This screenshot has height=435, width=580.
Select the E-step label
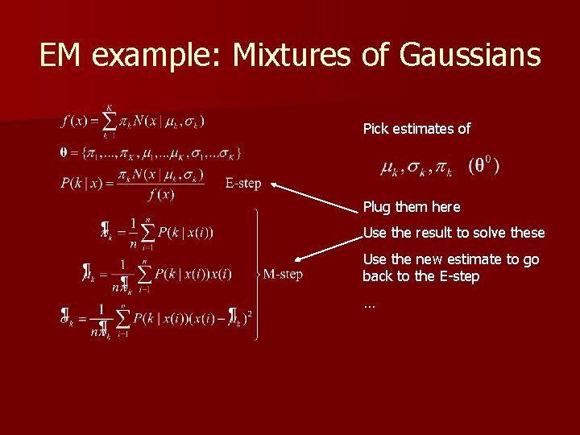(243, 184)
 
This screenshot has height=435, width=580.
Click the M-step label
(284, 275)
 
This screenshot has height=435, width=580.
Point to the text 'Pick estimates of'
(416, 129)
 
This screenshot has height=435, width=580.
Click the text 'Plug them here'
(412, 207)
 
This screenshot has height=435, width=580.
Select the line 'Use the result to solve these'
(454, 233)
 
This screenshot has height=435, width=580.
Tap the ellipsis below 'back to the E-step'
(369, 305)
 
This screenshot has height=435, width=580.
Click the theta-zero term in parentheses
(483, 167)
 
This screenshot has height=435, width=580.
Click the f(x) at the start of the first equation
(74, 122)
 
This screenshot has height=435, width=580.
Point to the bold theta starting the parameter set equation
(64, 151)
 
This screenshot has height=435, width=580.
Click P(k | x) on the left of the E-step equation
(80, 184)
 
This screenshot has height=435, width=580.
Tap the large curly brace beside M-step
(256, 275)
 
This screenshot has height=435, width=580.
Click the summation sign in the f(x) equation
(109, 122)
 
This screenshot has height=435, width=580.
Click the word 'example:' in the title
(160, 55)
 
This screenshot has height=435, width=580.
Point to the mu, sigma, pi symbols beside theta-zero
(416, 168)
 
